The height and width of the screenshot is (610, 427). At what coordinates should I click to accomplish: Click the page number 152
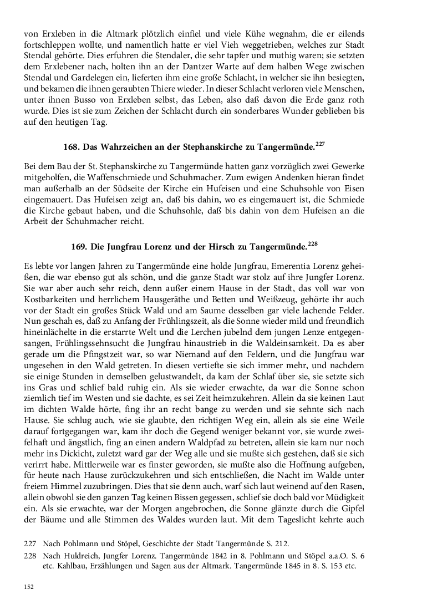[x=29, y=587]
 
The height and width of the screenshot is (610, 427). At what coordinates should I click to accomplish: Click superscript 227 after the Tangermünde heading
[x=320, y=144]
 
